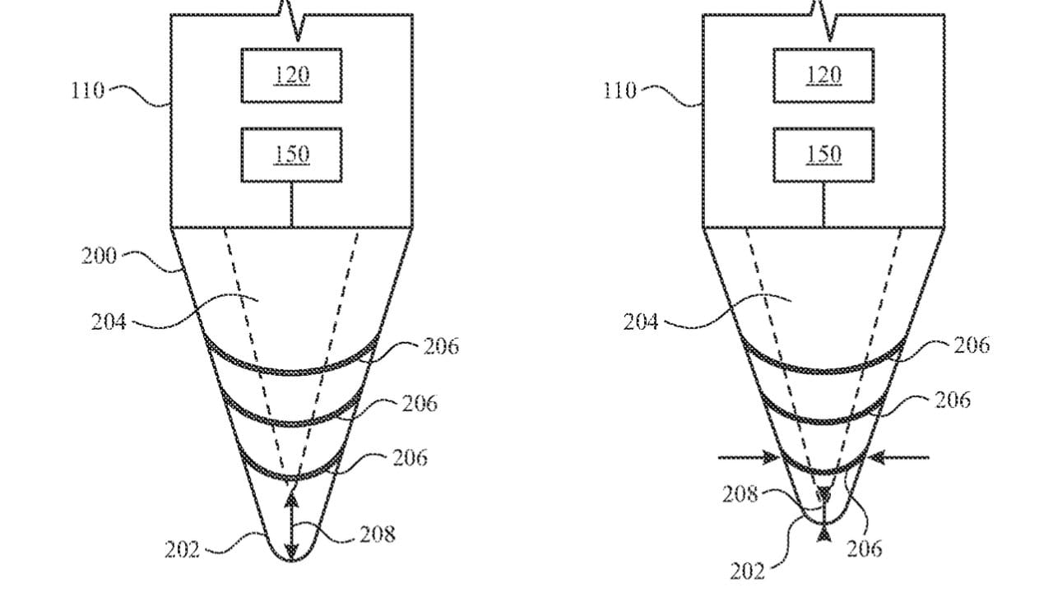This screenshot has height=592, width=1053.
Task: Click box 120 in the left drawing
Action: coord(291,76)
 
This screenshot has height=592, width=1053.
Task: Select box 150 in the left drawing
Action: coord(291,155)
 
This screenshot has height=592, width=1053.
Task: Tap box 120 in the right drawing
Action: coord(823,76)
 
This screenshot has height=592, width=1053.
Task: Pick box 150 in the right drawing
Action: coord(823,155)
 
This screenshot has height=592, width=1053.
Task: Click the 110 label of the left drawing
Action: coord(87,90)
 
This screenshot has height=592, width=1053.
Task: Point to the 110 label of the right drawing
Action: coord(619,90)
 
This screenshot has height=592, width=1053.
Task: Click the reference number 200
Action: coord(99,256)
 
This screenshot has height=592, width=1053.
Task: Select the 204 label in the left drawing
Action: coord(109,321)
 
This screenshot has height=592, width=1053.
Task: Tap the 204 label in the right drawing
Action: coord(641,321)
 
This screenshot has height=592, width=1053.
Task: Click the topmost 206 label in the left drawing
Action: coord(441,346)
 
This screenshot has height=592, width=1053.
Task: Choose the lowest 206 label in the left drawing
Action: coord(410,457)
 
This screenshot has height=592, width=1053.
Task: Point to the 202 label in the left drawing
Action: coord(182,549)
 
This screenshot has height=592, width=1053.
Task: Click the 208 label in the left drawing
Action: coord(378,534)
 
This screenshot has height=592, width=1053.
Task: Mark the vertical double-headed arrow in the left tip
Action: coord(291,522)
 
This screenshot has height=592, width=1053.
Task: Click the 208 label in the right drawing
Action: coord(740,494)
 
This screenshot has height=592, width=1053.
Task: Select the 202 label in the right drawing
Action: coord(747,570)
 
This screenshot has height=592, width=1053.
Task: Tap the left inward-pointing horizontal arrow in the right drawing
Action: coord(749,457)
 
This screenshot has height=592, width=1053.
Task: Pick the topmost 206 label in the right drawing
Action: coord(971,345)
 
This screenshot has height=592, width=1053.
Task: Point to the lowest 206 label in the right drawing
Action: coord(864,548)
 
